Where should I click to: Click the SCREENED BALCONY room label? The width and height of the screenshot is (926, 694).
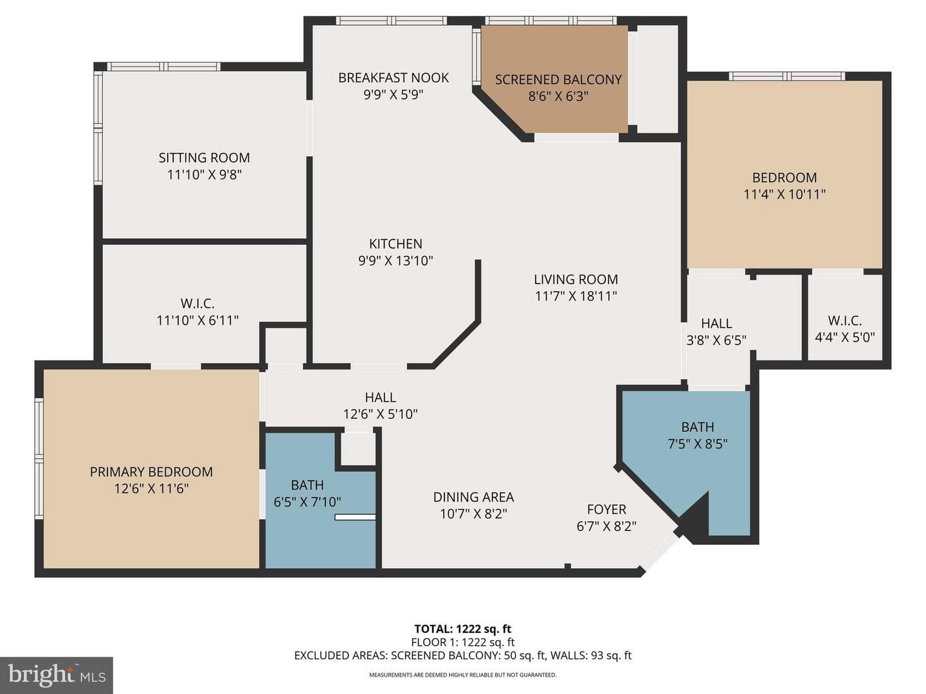click(558, 80)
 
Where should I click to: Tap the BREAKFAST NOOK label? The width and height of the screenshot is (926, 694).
click(394, 78)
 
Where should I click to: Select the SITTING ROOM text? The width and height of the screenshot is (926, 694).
click(204, 157)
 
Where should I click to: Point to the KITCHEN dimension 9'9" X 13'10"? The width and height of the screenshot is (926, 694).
click(395, 261)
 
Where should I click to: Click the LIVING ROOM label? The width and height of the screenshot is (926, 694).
click(576, 280)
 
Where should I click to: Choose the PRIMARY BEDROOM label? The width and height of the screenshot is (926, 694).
click(151, 472)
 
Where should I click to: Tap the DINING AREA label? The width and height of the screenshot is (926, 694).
click(473, 497)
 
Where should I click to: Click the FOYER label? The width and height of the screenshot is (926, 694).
click(606, 510)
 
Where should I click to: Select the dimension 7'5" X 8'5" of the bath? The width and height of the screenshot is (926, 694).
click(698, 444)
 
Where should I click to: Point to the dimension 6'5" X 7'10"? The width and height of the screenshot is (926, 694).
click(307, 502)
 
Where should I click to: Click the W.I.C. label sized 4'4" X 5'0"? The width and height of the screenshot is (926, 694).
click(844, 321)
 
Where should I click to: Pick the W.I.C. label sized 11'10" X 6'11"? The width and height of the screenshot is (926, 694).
click(197, 303)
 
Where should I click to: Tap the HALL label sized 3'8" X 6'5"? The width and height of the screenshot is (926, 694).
click(716, 323)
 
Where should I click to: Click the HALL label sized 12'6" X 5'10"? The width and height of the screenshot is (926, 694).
click(380, 397)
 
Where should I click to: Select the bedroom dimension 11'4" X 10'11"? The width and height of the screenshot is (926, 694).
click(785, 194)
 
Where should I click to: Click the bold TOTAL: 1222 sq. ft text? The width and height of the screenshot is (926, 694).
click(463, 629)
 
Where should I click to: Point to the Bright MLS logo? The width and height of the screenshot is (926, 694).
click(57, 675)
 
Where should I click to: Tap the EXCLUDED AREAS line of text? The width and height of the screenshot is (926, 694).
click(463, 655)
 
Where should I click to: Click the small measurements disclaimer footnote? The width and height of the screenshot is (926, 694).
click(463, 675)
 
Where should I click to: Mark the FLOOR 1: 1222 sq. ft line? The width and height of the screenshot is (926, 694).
click(463, 642)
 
